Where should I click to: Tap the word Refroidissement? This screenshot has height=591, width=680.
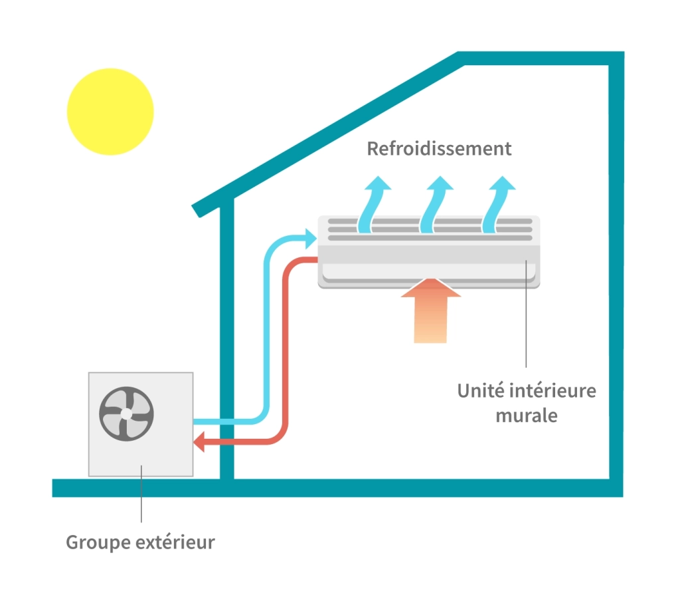(x=439, y=148)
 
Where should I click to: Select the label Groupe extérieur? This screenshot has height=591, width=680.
(x=140, y=542)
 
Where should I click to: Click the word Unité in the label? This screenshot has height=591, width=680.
(x=477, y=390)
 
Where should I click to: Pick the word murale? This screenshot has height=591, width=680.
(x=527, y=416)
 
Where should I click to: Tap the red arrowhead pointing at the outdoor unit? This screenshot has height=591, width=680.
(x=198, y=442)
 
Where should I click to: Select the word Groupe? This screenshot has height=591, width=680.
(x=98, y=542)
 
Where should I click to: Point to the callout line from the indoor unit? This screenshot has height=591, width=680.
(x=526, y=319)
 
